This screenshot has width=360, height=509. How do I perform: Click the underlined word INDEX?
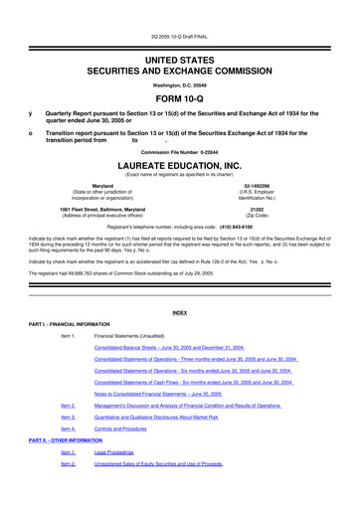point(180,312)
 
